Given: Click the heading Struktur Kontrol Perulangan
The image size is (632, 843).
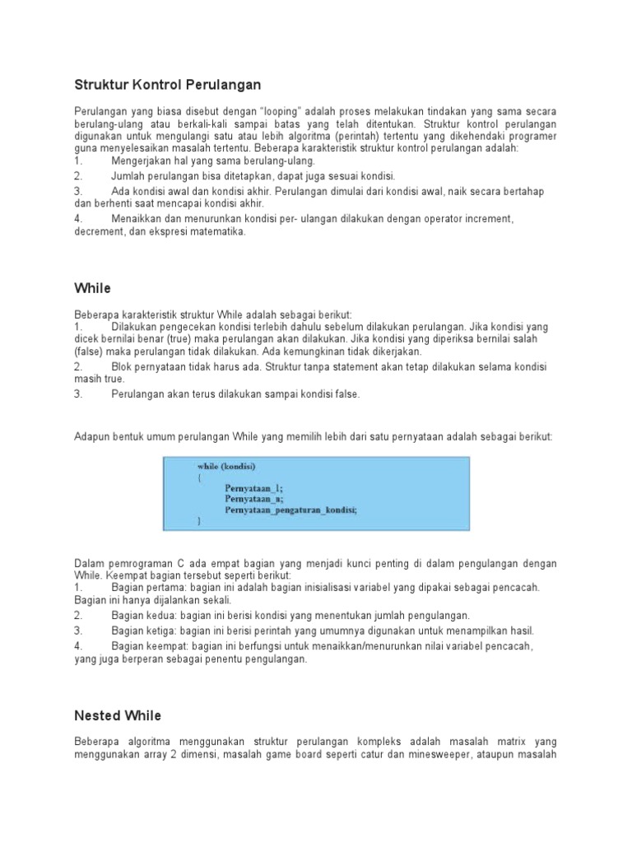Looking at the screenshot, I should pos(167,85).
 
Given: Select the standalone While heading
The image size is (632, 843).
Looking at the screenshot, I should pos(92,288).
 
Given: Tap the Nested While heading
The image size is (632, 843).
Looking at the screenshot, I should pos(118,715).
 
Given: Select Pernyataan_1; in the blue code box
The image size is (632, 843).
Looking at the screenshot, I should pos(253,487).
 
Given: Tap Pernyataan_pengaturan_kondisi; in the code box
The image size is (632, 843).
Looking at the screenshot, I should pos(290,510).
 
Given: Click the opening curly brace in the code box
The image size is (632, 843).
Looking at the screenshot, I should pos(199,477).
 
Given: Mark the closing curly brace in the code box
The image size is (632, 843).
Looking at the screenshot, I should pos(199,522).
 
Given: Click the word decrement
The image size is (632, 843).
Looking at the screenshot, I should pos(100,232).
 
